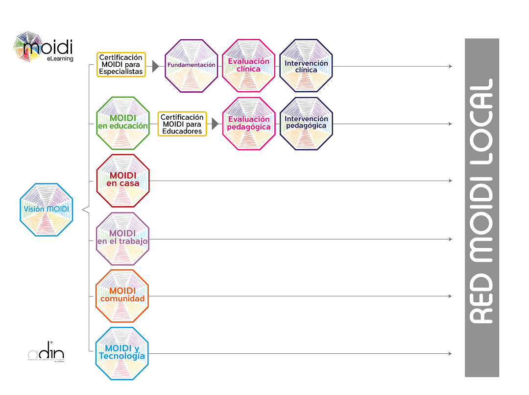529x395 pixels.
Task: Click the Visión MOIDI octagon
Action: (46, 210)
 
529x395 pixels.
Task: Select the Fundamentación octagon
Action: (191, 66)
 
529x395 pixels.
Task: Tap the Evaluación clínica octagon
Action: (248, 66)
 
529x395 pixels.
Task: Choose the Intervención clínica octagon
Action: (306, 66)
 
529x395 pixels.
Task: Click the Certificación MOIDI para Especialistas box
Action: (121, 65)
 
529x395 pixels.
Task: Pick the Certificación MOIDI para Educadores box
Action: (182, 124)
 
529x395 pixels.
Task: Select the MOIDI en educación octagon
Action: (122, 123)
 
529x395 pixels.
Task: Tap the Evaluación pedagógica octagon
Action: (248, 124)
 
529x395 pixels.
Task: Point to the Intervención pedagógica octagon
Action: (306, 124)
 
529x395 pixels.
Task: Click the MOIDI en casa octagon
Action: (122, 181)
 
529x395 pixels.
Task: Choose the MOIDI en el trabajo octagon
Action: (122, 238)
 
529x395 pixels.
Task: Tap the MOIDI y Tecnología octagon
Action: (122, 353)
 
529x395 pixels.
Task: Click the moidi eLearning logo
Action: (44, 47)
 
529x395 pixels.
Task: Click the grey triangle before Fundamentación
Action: (156, 66)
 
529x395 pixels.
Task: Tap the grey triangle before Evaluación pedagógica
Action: (215, 124)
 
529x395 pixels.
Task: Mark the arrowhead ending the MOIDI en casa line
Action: (450, 181)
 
